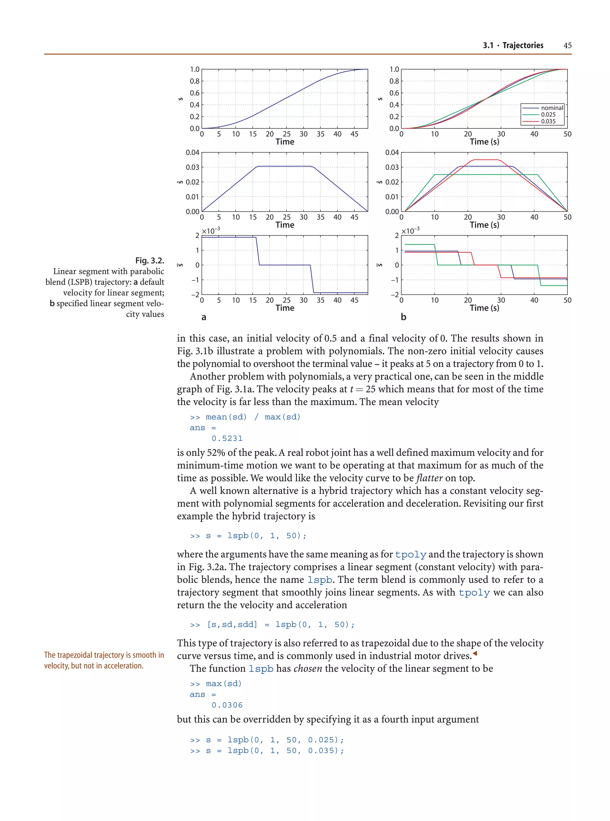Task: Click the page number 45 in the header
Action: coord(567,45)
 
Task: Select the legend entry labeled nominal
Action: coord(552,108)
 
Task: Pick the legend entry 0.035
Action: coord(548,121)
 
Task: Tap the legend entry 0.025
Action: coord(548,115)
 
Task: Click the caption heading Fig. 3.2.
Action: coord(150,260)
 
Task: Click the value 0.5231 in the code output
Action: coord(227,438)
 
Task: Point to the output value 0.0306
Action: coord(227,705)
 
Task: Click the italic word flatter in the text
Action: coord(429,478)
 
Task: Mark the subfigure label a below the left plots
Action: coord(203,317)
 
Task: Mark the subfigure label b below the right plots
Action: coord(403,317)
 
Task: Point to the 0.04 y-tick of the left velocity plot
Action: coord(192,152)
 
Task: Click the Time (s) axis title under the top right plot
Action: coord(484,142)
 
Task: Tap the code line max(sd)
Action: coord(223,684)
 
